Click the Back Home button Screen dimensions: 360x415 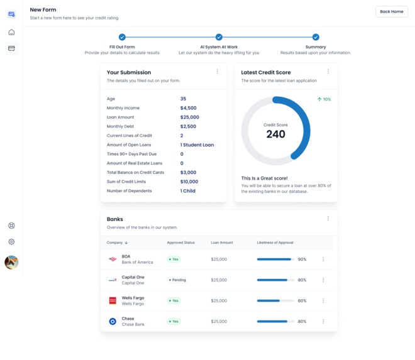click(391, 11)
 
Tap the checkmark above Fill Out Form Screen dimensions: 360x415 click(122, 37)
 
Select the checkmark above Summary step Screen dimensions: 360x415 click(316, 37)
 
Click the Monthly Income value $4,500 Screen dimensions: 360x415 click(189, 108)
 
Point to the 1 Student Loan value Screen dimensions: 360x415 click(197, 145)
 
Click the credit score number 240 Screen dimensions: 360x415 click(275, 134)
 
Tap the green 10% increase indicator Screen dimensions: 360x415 click(324, 99)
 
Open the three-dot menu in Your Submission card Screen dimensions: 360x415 click(218, 72)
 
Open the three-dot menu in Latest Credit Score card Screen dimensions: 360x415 click(328, 72)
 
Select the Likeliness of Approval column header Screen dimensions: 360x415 click(275, 243)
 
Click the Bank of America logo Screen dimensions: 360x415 click(113, 259)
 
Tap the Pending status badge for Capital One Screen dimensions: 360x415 click(178, 280)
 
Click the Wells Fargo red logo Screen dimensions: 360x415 click(113, 301)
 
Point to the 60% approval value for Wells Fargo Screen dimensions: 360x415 click(302, 301)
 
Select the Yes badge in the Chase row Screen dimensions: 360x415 click(174, 322)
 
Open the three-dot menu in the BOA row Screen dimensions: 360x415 click(323, 259)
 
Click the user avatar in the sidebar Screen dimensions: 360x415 click(11, 263)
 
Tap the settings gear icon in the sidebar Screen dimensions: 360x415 click(11, 242)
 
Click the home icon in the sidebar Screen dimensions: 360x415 click(11, 32)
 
